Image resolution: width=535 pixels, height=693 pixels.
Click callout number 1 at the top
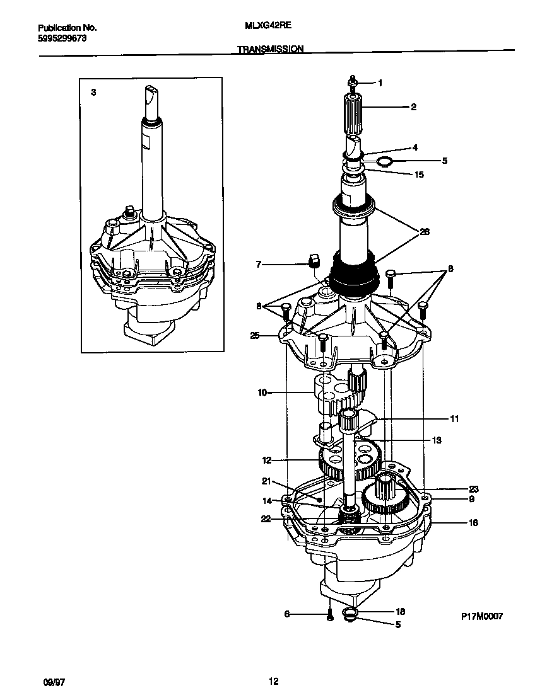380,83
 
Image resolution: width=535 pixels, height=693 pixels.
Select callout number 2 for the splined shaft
413,107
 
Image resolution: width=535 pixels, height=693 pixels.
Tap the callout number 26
425,232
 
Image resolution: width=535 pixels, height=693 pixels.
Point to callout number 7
259,265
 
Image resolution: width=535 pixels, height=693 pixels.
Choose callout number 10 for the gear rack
262,392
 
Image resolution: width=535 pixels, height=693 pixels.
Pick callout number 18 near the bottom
400,612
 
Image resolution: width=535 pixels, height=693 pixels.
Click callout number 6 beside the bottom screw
287,614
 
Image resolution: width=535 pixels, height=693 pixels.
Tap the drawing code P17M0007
481,617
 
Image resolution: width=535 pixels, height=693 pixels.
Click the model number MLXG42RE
267,28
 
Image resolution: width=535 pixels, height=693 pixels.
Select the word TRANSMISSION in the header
271,49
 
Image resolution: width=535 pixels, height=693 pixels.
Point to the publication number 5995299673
62,38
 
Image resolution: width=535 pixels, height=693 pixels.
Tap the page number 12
273,681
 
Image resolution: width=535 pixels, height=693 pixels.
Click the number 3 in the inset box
93,92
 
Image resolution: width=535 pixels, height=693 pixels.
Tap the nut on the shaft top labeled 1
353,82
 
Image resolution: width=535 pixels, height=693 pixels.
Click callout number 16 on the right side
473,522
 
